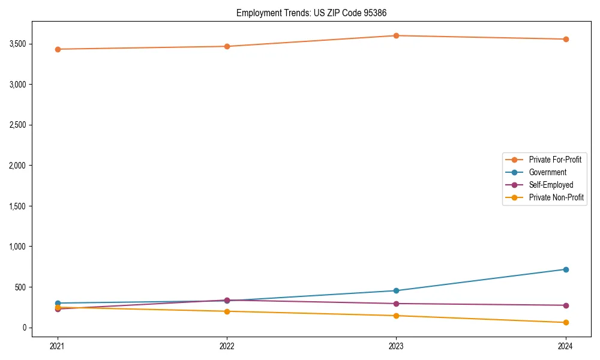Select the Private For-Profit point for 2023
click(x=396, y=35)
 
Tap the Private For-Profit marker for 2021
click(x=58, y=49)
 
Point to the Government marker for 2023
click(x=396, y=290)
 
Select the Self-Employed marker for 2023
click(x=396, y=304)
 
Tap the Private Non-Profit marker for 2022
click(x=227, y=311)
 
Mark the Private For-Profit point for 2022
click(x=227, y=46)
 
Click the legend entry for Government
click(x=547, y=172)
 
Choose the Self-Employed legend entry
click(x=551, y=185)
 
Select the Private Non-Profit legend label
click(x=556, y=197)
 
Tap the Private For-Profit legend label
click(x=555, y=160)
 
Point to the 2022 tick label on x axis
click(x=227, y=346)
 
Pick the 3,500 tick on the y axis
click(x=34, y=44)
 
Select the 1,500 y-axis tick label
click(x=34, y=206)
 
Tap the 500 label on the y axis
click(x=37, y=287)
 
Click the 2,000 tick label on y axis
click(x=34, y=166)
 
